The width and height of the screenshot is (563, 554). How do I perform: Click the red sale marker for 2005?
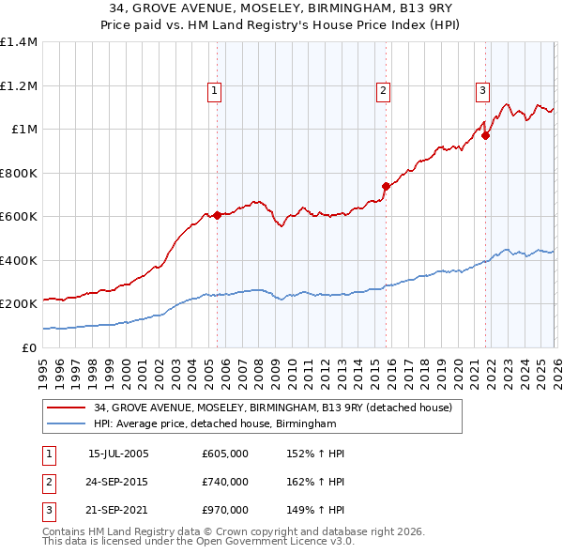point(217,215)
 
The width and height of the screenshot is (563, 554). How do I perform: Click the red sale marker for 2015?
point(386,186)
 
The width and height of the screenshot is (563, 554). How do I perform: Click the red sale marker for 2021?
point(485,135)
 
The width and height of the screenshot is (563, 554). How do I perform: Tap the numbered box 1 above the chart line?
point(215,91)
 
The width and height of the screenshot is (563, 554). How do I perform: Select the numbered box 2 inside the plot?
point(384,91)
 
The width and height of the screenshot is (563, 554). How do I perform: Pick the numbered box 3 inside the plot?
point(482,91)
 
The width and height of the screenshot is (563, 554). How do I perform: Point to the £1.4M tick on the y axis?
point(19,42)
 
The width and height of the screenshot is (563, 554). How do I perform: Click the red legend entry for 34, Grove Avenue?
point(273,408)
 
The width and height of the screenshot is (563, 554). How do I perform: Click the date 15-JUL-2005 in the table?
point(118,454)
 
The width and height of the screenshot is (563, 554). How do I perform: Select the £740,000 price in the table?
point(225,482)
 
